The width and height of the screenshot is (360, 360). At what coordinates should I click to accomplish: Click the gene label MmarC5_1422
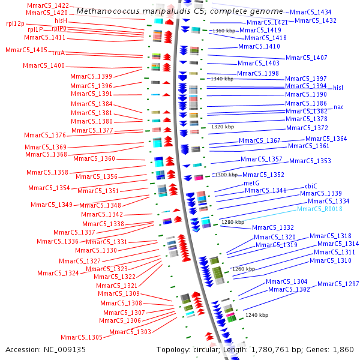coord(47,5)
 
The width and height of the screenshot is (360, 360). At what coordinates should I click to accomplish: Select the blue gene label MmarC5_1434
coord(310,12)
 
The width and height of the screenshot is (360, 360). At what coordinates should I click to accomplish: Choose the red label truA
coord(58,53)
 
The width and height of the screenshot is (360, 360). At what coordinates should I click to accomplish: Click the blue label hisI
coord(339,88)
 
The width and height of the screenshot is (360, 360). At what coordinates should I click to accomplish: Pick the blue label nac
coord(338,107)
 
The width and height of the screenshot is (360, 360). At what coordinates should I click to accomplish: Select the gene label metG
coord(251,183)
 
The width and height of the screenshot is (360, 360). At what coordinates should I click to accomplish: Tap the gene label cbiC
coord(311,186)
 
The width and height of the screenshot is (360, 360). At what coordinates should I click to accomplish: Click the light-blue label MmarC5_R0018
coord(320,209)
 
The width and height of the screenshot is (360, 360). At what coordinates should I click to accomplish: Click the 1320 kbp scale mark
coord(223,127)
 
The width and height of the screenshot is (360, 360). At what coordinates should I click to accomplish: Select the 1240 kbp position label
coord(256,314)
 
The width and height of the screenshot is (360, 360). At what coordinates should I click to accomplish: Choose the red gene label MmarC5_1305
coord(82,337)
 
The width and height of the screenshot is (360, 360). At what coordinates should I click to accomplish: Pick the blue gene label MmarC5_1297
coord(338,284)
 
